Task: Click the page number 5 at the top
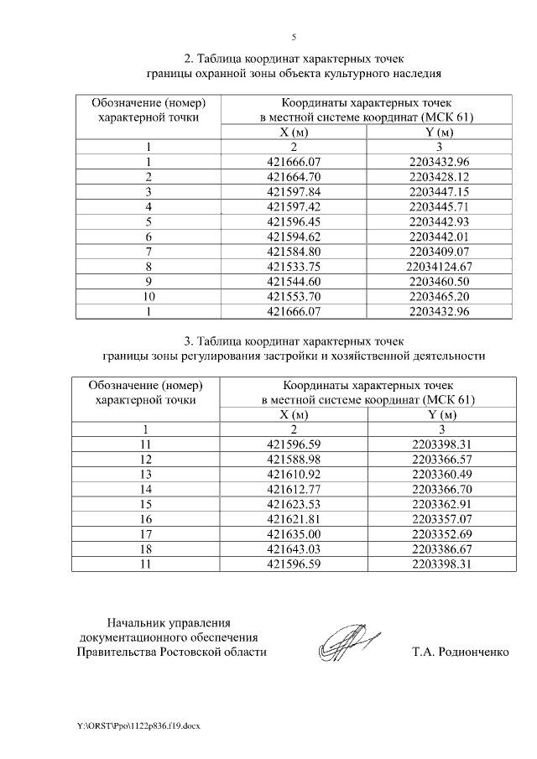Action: (294, 37)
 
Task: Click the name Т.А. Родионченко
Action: (461, 652)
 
